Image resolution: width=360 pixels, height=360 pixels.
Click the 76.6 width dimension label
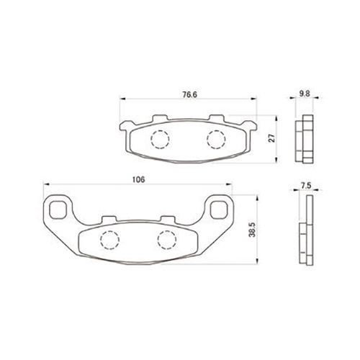[189, 94]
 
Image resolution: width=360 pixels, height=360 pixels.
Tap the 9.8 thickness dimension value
[305, 94]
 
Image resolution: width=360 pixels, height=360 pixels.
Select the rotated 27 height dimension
[272, 138]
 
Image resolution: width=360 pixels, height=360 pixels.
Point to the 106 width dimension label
[139, 179]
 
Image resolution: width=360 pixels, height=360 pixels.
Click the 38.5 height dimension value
[252, 230]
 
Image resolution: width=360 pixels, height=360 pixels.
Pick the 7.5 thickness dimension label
[306, 186]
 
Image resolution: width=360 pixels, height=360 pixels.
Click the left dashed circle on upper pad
[160, 139]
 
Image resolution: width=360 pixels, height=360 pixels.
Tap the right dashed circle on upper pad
[216, 139]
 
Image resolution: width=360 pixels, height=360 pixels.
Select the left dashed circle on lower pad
[109, 240]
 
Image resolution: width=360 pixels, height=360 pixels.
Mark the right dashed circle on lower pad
[167, 240]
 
